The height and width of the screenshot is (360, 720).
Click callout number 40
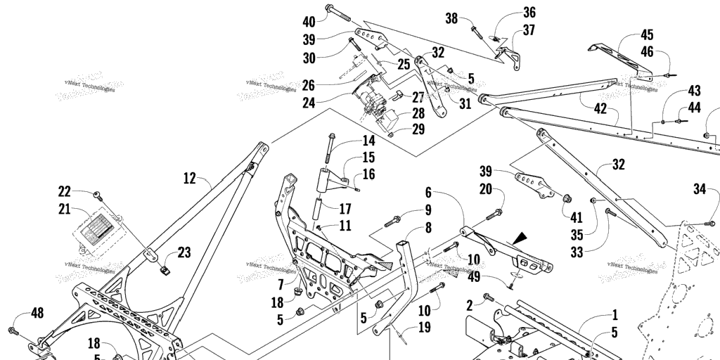point(309,20)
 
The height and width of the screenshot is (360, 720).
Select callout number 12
point(189,178)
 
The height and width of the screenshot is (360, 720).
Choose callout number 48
point(37,313)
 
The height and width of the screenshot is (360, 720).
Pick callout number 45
point(646,34)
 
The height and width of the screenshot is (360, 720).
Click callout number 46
point(646,51)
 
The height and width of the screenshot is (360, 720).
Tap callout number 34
point(699,188)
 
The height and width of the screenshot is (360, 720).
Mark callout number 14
point(369,140)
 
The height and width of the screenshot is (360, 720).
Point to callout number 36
point(529,12)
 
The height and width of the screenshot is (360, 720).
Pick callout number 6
point(427,192)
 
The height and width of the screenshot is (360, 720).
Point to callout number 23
point(184,252)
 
